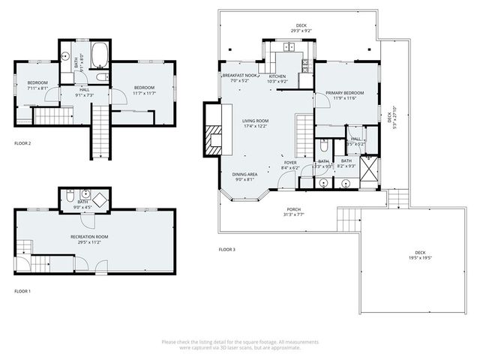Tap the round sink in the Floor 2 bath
coord(66,55)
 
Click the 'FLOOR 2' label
coord(22,142)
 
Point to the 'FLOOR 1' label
coord(22,290)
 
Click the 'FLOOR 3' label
coord(226,249)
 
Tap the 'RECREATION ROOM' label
coord(89,237)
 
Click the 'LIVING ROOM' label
coord(255,120)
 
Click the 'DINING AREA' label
coord(245,174)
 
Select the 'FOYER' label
coord(289,163)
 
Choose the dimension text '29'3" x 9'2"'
coord(300,31)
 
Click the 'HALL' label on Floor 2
coord(84,90)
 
